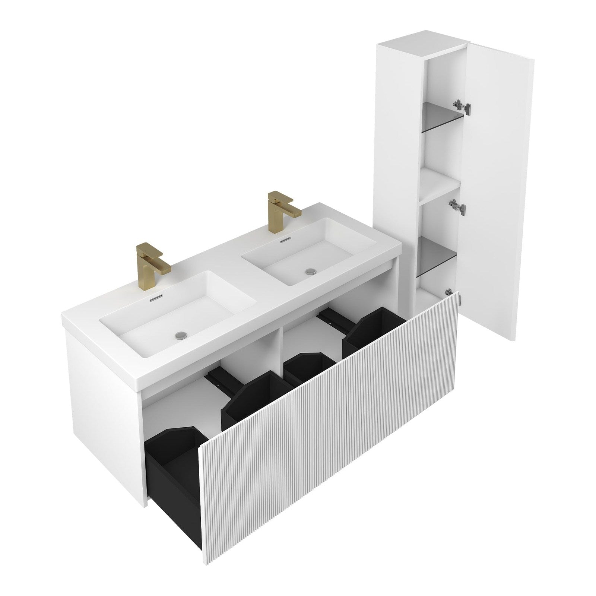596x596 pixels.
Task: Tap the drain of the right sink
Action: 309,272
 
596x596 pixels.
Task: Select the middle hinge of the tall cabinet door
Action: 457,206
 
